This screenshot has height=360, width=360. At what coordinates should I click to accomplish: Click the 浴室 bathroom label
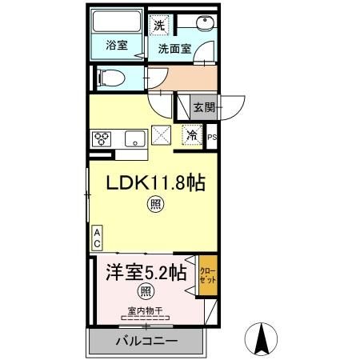click(x=117, y=46)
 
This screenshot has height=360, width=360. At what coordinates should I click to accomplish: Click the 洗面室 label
click(x=173, y=48)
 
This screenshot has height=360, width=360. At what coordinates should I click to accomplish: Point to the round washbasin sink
click(x=206, y=24)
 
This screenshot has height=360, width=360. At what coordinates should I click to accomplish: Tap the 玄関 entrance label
click(x=204, y=106)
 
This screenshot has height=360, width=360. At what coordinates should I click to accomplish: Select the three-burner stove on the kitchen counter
click(x=102, y=138)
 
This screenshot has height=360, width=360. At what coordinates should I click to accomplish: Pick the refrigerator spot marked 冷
click(x=192, y=136)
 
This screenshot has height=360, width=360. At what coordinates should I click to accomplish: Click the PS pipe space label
click(x=212, y=138)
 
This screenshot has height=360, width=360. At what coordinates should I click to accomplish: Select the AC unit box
click(x=97, y=237)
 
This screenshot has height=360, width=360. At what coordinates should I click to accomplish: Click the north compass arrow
click(x=262, y=338)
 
